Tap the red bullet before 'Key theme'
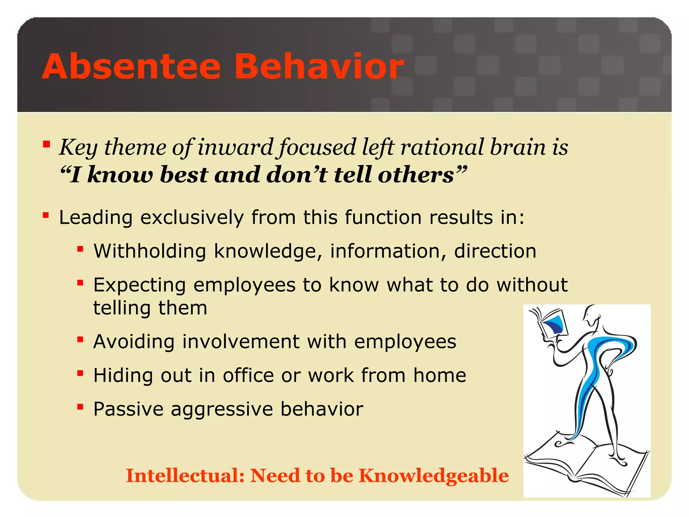(x=46, y=145)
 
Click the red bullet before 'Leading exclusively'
(x=46, y=215)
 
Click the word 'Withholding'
(x=150, y=251)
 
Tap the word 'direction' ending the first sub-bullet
(x=495, y=251)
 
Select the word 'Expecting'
(x=139, y=285)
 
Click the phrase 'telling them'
(x=150, y=308)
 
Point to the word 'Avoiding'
(x=134, y=342)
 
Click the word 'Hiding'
(x=123, y=375)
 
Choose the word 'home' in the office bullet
(x=439, y=375)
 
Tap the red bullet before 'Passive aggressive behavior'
(x=80, y=407)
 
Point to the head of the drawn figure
(x=592, y=315)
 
